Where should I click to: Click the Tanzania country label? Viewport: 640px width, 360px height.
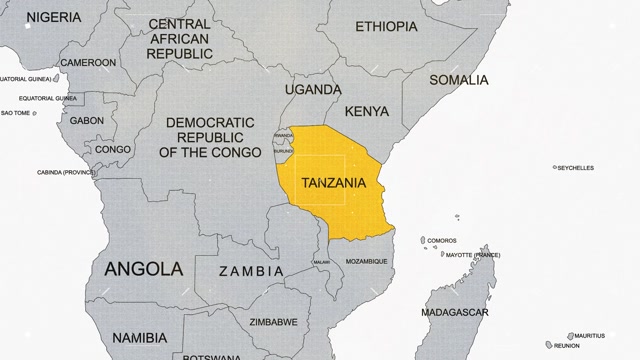tap(333, 183)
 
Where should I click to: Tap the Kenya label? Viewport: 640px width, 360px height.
tap(365, 111)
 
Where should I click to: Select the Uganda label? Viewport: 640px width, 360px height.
tap(306, 89)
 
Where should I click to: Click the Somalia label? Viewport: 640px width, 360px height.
tap(458, 79)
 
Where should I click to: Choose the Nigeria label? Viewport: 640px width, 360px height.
tap(54, 17)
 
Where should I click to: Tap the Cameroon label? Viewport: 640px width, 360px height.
tap(87, 61)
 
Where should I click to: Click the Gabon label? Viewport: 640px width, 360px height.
tap(86, 120)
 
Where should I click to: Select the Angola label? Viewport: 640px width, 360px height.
tap(143, 268)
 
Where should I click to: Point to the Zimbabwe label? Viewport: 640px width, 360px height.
tap(273, 322)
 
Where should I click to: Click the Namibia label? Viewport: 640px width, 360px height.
tap(138, 338)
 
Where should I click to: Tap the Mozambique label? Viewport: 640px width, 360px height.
tap(366, 261)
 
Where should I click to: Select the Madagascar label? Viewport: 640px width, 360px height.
tap(455, 313)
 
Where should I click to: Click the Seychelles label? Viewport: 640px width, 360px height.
tap(575, 168)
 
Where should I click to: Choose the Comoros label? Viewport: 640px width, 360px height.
tap(441, 240)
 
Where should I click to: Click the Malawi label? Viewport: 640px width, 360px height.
tap(321, 262)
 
